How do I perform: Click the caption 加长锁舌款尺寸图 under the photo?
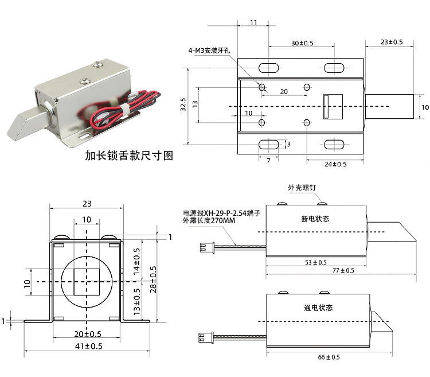[x=128, y=155]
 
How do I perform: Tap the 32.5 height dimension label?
[x=183, y=105]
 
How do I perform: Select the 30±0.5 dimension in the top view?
[x=302, y=43]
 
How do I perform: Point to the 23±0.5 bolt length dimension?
[x=392, y=42]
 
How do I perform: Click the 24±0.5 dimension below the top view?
[x=335, y=164]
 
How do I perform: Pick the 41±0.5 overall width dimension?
[x=88, y=346]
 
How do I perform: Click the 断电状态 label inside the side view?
[x=315, y=219]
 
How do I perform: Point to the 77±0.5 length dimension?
[x=340, y=270]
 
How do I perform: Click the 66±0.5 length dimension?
[x=328, y=357]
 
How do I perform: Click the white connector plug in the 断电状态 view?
[x=203, y=248]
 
